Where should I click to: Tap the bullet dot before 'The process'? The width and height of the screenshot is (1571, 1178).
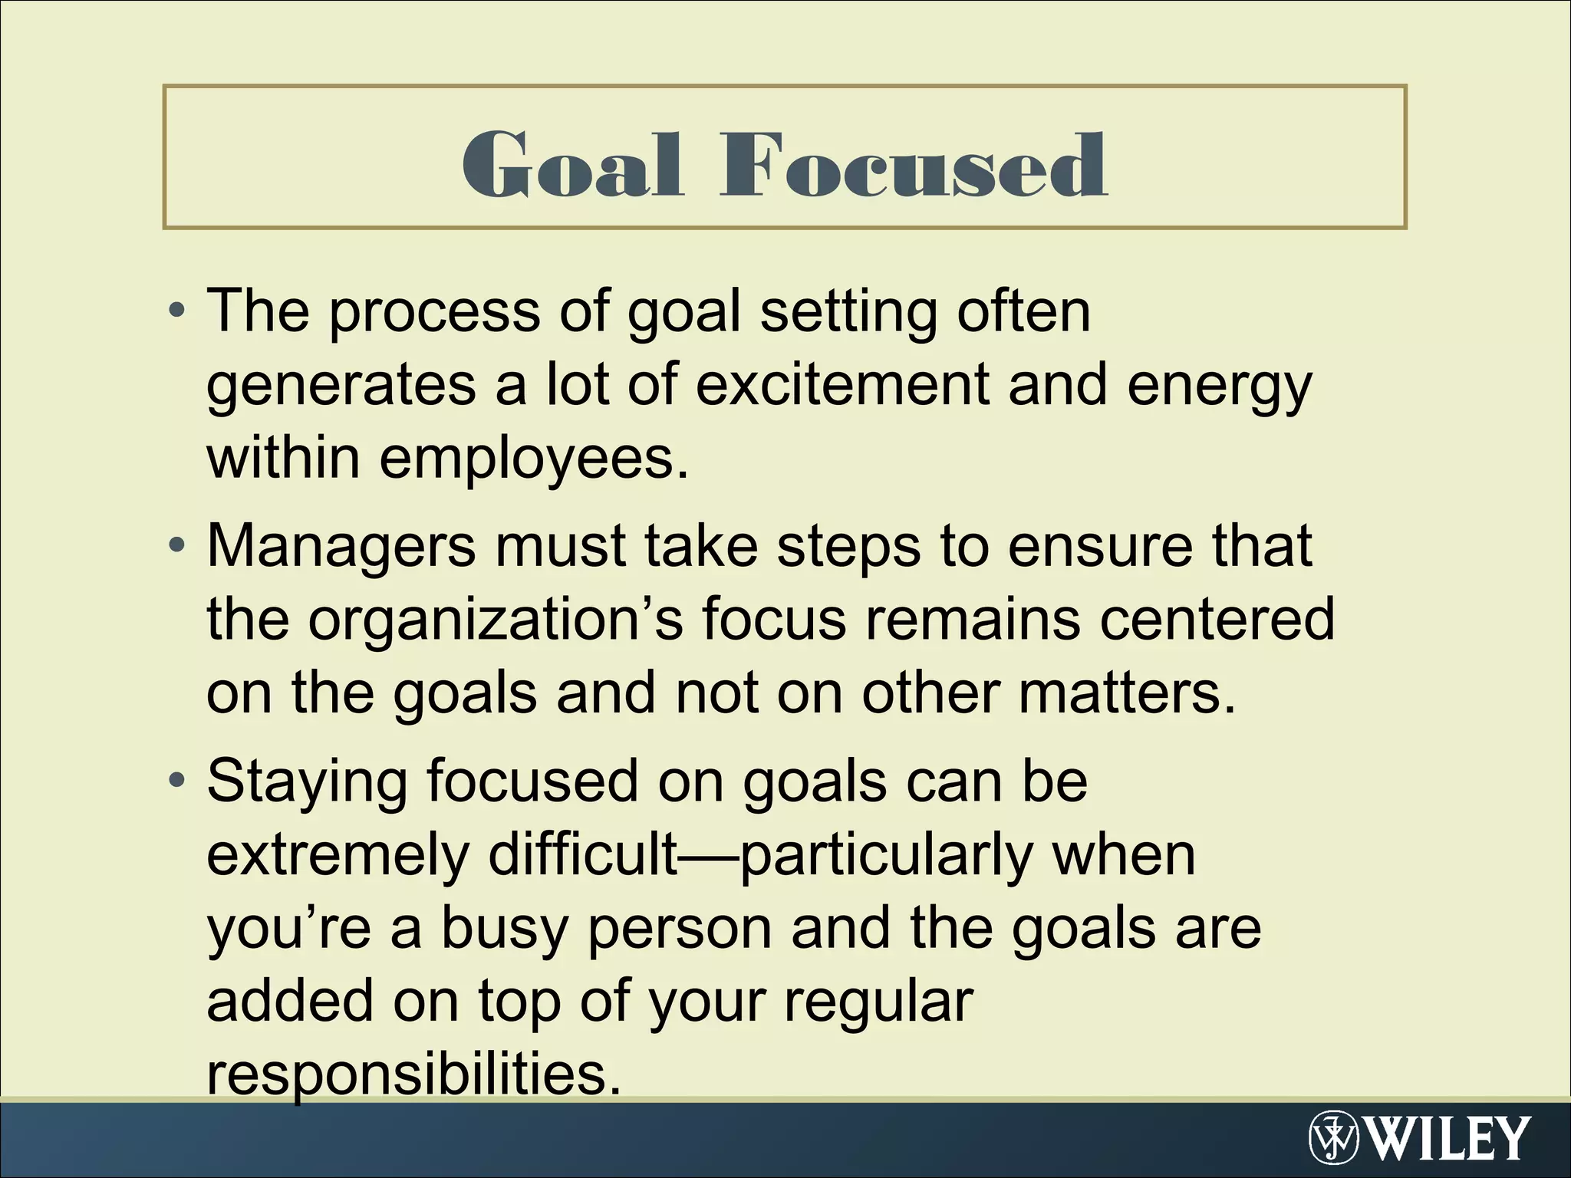tap(177, 311)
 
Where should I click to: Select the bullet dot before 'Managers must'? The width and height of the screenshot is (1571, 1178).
tap(177, 547)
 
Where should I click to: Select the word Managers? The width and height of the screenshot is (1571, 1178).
tap(341, 547)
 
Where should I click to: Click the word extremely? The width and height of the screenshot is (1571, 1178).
tap(338, 854)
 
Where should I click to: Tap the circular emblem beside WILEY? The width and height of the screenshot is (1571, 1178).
tap(1333, 1138)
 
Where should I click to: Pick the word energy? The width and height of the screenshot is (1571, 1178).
tap(1219, 387)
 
